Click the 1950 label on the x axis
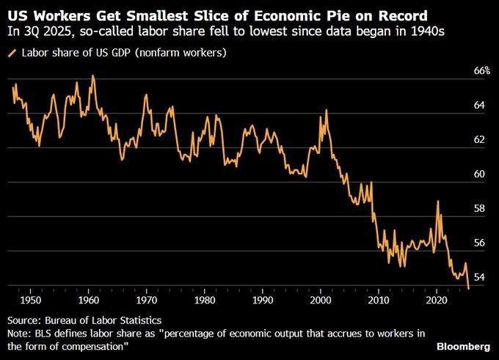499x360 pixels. tap(30, 301)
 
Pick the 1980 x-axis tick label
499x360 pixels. tap(205, 301)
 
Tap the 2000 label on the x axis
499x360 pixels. tap(321, 301)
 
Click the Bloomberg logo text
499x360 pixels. tap(463, 345)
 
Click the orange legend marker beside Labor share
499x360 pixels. tap(11, 54)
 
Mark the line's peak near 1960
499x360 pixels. tap(92, 76)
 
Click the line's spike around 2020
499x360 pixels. tap(438, 201)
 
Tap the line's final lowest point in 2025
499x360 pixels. tap(468, 289)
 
